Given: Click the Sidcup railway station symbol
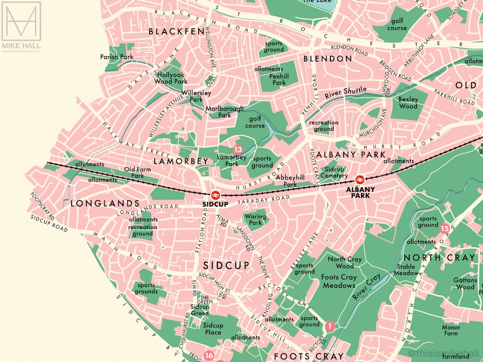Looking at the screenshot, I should [x=215, y=195].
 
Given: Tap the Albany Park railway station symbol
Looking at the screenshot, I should [x=360, y=179].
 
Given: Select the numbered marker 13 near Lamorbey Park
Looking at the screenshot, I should [x=238, y=149].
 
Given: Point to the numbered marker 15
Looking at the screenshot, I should [x=444, y=229].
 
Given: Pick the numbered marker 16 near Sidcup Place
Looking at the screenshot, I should [x=209, y=356].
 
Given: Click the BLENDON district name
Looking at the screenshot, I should [x=328, y=59].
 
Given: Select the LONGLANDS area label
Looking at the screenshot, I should [x=105, y=204].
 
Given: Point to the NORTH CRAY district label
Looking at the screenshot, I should [x=439, y=258].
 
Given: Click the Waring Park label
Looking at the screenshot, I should [x=255, y=220].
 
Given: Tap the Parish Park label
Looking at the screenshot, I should [x=117, y=57].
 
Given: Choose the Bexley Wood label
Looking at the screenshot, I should [x=408, y=103].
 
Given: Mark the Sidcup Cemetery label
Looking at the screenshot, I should [x=334, y=172].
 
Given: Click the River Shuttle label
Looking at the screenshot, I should [x=345, y=93].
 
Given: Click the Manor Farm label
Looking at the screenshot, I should [x=451, y=330].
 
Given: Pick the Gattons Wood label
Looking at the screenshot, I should [x=465, y=284].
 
